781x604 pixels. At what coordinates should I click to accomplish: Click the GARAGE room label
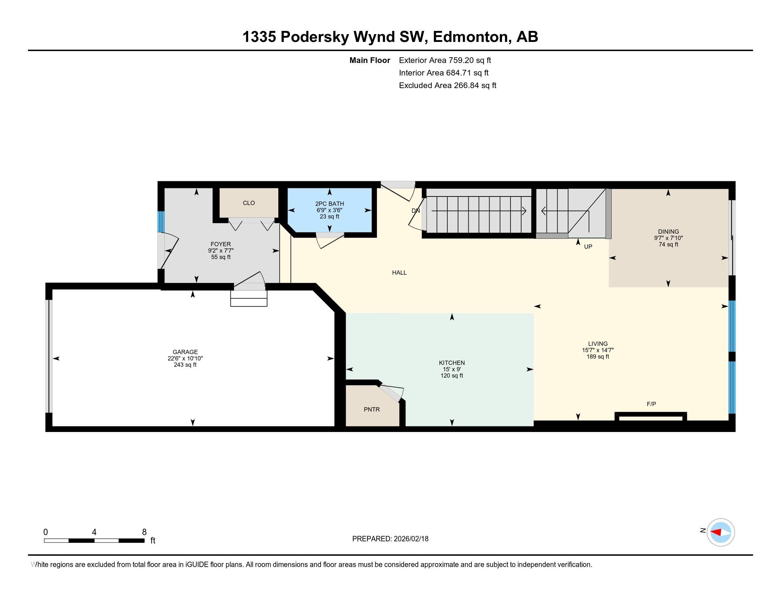(185, 352)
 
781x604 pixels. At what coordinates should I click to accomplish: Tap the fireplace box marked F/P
(650, 416)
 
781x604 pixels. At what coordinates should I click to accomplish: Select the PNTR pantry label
(372, 409)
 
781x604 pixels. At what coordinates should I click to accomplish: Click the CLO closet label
(248, 203)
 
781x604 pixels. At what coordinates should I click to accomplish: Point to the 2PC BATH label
(329, 204)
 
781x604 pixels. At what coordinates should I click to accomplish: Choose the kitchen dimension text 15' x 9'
(452, 369)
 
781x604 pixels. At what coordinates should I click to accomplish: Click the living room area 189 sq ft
(597, 356)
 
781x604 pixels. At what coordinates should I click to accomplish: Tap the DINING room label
(668, 232)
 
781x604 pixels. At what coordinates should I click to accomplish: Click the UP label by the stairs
(588, 247)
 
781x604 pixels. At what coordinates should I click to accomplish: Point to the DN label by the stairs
(416, 211)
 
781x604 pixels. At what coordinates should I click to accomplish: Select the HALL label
(399, 273)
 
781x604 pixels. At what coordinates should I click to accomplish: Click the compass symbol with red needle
(721, 532)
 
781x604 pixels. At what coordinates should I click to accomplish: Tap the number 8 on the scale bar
(144, 532)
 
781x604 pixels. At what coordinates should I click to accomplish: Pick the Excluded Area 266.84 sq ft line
(447, 85)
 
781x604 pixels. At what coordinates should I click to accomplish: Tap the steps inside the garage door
(248, 298)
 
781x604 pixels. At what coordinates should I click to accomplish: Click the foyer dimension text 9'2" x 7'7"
(221, 250)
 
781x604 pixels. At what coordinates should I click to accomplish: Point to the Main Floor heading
(370, 60)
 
